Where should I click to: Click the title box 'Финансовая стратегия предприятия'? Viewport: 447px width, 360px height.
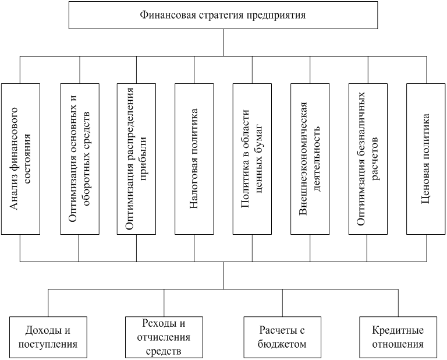[223, 15]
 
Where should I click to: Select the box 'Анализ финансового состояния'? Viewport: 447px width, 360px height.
[20, 159]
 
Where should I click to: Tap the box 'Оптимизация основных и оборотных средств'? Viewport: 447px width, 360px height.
[80, 159]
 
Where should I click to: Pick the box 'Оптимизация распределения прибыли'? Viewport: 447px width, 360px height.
[137, 159]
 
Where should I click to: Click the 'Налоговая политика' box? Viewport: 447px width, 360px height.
[194, 159]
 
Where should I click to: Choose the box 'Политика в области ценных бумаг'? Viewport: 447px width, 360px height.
[252, 159]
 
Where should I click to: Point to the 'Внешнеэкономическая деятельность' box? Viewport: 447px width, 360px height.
[310, 159]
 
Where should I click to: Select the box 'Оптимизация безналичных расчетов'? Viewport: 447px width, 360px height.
[368, 159]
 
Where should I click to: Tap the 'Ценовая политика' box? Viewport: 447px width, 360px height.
[426, 159]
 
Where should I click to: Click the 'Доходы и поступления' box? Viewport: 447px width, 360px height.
[48, 337]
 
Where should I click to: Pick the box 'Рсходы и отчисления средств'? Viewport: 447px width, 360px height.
[164, 337]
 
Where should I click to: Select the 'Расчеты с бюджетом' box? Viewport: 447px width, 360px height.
[282, 337]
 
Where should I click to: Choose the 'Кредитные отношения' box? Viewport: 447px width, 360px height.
[398, 337]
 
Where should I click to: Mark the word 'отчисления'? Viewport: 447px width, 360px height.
[164, 337]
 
